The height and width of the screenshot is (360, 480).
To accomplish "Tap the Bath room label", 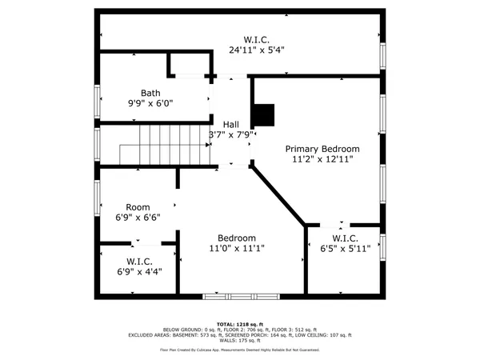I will pyautogui.click(x=150, y=93).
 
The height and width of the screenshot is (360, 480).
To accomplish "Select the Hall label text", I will pyautogui.click(x=231, y=124).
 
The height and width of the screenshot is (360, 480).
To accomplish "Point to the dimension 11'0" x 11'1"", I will pyautogui.click(x=237, y=249).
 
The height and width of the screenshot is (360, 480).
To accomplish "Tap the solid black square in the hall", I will pyautogui.click(x=262, y=116).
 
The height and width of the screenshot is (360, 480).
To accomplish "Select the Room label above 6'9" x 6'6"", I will pyautogui.click(x=138, y=207).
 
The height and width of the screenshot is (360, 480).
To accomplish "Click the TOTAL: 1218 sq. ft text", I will pyautogui.click(x=240, y=322).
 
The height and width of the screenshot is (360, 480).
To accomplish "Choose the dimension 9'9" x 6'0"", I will pyautogui.click(x=150, y=103).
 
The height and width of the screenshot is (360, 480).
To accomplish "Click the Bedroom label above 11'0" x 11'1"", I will pyautogui.click(x=237, y=238).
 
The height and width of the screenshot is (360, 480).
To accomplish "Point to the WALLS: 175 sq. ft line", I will pyautogui.click(x=240, y=341).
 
